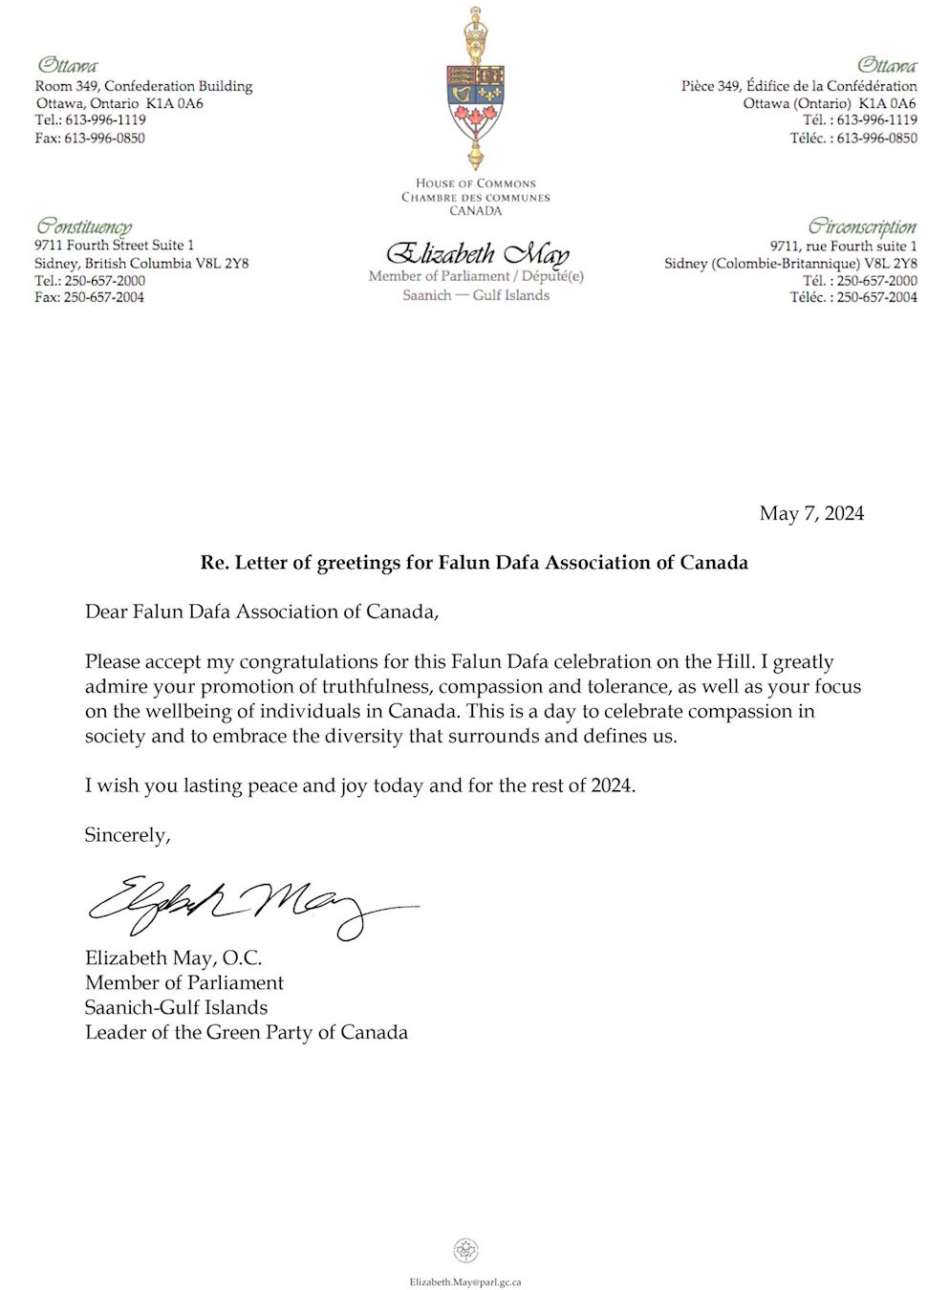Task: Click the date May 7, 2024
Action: pos(811,514)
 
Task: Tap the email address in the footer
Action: pos(465,1282)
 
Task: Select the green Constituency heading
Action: pos(84,226)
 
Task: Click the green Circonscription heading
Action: pos(862,226)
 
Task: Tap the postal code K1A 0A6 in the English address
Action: pos(175,103)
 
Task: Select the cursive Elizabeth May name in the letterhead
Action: pos(476,254)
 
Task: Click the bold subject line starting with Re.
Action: pos(474,563)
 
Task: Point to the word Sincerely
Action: pos(127,835)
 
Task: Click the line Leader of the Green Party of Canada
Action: pos(247,1032)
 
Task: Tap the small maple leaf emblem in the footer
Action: pos(465,1250)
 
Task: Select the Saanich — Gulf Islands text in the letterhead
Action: pos(476,295)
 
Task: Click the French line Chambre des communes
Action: pos(476,197)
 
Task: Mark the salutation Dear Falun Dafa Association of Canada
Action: pos(262,612)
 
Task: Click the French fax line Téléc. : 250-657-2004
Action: pos(853,297)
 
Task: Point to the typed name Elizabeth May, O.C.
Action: pos(173,957)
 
